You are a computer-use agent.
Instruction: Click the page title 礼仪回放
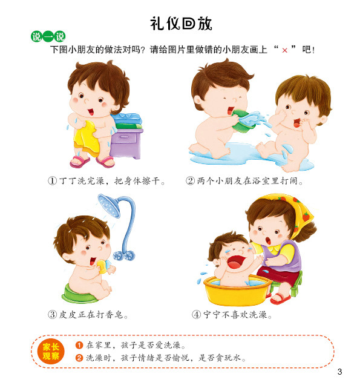[181, 24]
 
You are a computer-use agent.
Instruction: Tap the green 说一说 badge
[48, 37]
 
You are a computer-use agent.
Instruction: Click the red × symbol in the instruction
[284, 50]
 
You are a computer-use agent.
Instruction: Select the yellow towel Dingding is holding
[85, 139]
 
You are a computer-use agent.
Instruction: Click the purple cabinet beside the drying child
[126, 143]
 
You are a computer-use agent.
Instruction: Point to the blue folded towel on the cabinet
[126, 119]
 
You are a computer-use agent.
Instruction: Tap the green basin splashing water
[244, 121]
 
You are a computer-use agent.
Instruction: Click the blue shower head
[108, 205]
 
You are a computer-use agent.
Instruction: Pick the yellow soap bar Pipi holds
[102, 266]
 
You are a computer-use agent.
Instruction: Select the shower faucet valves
[124, 255]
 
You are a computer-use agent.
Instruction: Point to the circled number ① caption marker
[52, 180]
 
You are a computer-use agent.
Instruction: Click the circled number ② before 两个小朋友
[190, 180]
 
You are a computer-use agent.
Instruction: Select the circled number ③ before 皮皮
[52, 315]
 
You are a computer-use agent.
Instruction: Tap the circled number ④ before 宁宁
[197, 315]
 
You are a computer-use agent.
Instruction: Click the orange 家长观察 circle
[51, 351]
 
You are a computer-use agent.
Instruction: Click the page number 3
[339, 372]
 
